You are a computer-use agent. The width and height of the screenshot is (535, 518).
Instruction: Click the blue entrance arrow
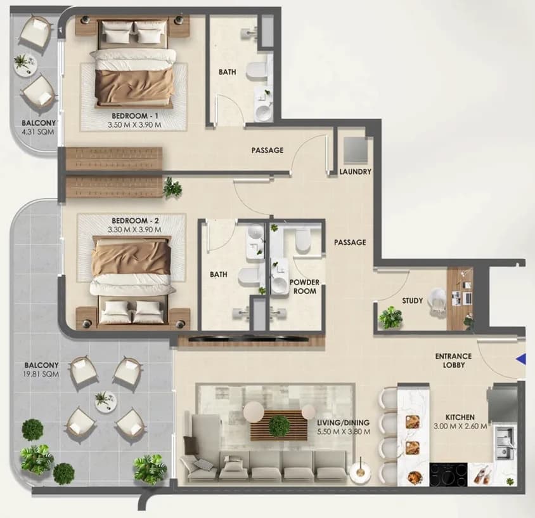(x=521, y=359)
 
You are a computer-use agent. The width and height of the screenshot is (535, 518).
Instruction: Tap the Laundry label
(x=355, y=172)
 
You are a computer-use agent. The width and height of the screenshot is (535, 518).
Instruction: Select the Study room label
(x=412, y=301)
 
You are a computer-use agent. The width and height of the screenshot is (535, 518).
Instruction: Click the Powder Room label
(x=305, y=287)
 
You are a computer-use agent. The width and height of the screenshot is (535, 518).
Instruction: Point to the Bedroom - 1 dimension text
(x=134, y=124)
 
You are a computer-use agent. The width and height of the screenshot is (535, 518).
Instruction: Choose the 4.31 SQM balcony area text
(x=38, y=131)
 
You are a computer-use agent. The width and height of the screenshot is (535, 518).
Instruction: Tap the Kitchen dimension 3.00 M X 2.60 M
(x=460, y=427)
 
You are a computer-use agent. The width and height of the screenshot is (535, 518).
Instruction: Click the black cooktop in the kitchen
(x=448, y=474)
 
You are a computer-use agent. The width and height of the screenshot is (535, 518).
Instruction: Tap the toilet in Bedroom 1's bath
(x=257, y=71)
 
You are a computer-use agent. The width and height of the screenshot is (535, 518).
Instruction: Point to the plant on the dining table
(x=279, y=426)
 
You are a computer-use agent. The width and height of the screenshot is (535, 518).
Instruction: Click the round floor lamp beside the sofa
(x=360, y=472)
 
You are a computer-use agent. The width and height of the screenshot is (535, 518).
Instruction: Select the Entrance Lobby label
(x=453, y=361)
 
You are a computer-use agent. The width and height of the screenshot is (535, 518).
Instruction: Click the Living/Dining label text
(x=344, y=422)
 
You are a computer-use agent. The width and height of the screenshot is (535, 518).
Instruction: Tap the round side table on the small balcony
(x=25, y=65)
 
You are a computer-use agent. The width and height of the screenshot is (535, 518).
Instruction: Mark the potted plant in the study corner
(x=390, y=317)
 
